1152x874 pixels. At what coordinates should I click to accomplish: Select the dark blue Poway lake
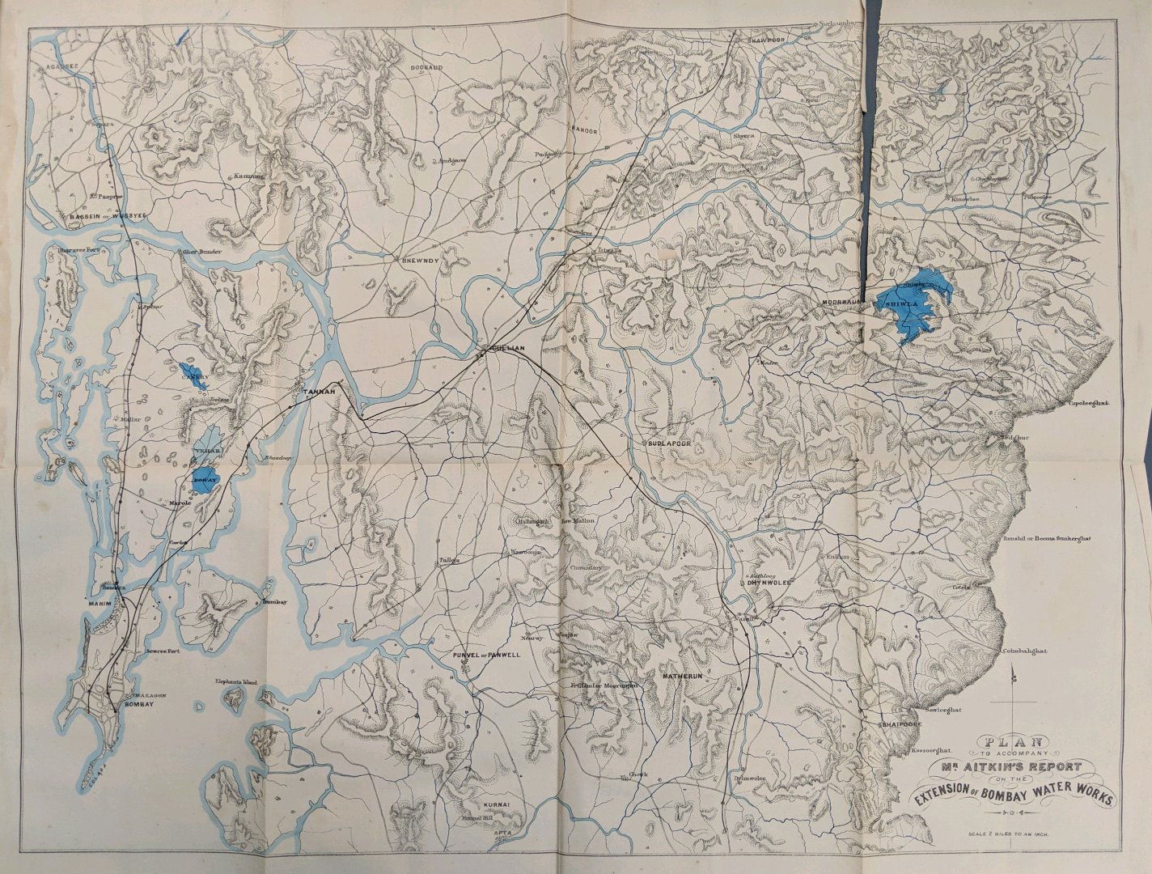(203, 477)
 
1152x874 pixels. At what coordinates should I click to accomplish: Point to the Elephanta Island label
(236, 682)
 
